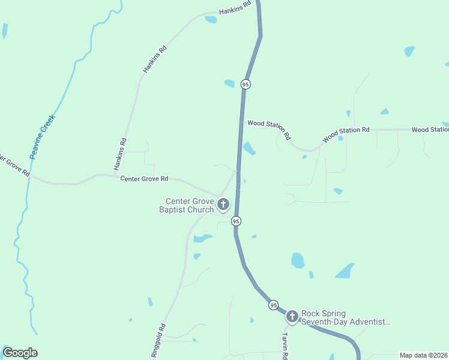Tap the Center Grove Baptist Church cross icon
click(223, 205)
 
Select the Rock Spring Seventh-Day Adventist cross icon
click(292, 316)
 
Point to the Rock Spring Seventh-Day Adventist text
click(346, 317)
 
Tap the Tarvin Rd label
click(286, 345)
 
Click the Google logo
click(20, 353)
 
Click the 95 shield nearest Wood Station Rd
click(246, 85)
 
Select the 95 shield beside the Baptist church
click(237, 221)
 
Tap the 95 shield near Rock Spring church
click(274, 305)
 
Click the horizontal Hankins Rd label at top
click(235, 10)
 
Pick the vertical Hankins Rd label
click(121, 154)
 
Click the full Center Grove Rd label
click(144, 179)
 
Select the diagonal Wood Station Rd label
click(346, 134)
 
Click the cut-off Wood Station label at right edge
click(430, 130)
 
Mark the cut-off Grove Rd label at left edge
click(14, 166)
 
